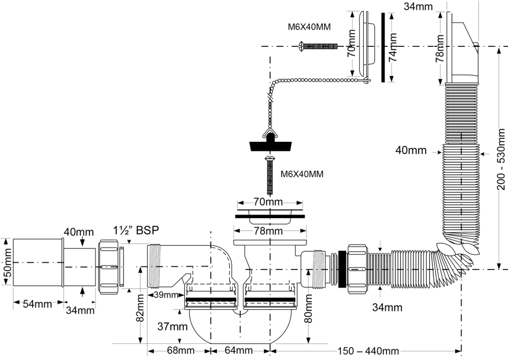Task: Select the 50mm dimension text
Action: point(7,262)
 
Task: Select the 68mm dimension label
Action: point(179,350)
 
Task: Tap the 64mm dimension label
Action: point(238,350)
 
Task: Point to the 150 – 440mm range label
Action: point(368,351)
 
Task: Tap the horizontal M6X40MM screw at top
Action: point(317,46)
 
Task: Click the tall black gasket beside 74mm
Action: point(383,47)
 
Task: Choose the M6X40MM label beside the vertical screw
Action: point(302,174)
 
